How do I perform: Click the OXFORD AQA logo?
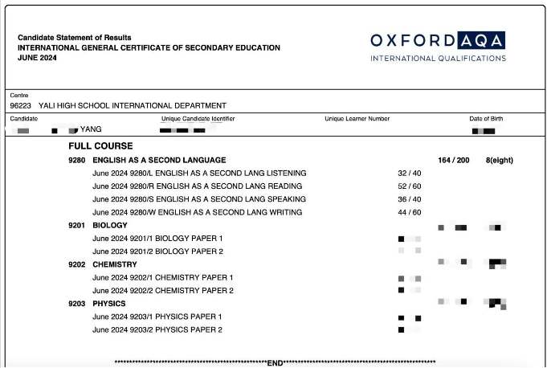click(438, 46)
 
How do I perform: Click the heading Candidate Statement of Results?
click(75, 38)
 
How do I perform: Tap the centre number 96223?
click(20, 105)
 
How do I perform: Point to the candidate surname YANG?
click(91, 129)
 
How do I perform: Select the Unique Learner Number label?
click(357, 119)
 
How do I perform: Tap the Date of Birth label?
click(487, 119)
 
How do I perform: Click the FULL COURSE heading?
click(100, 146)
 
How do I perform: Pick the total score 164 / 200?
click(454, 160)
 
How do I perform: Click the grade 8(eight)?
click(500, 160)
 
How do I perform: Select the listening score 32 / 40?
click(410, 174)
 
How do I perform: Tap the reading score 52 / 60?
click(410, 186)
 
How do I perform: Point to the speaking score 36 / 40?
click(410, 199)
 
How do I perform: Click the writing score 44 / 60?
click(410, 212)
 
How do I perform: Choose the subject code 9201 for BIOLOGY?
click(76, 226)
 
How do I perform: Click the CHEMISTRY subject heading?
click(115, 264)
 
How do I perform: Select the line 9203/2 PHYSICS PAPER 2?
click(157, 329)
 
